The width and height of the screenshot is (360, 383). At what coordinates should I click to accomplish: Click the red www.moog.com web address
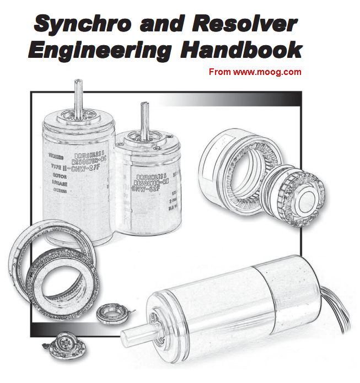click(x=255, y=72)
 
